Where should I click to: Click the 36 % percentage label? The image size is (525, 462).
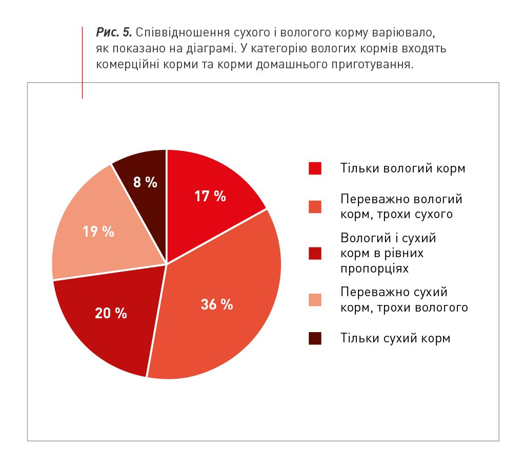point(217,304)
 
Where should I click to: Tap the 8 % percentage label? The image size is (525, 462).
point(145,182)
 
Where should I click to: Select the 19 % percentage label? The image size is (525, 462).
point(98,232)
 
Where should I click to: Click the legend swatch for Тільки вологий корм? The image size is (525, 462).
point(315,168)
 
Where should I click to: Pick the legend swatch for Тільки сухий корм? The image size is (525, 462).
point(315,338)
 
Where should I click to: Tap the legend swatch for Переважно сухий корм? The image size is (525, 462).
point(315,300)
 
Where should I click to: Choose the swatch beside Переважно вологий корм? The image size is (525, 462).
point(315,206)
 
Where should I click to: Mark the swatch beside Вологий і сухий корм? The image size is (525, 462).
point(315,253)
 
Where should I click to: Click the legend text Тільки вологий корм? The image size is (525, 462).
point(402,168)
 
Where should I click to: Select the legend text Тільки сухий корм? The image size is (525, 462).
point(395,338)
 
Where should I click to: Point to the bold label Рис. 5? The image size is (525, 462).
point(114,33)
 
